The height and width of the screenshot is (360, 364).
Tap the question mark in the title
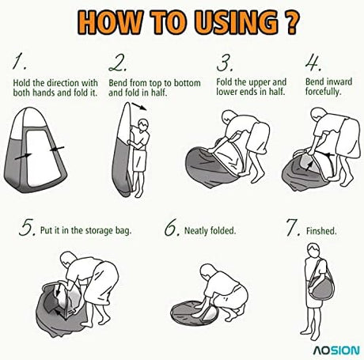pos(292,22)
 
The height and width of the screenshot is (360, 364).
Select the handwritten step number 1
pos(19,61)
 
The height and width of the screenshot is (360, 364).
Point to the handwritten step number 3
pos(225,63)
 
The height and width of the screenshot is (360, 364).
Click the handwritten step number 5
pos(27,227)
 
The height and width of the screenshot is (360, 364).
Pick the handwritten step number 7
pos(293,227)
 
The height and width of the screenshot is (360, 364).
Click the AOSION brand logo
pos(336,351)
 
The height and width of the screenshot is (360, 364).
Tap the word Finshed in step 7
pos(321,231)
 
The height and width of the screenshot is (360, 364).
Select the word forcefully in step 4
pos(323,92)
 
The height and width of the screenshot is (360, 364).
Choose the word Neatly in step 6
pos(196,231)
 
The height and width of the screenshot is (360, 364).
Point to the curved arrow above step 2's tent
pos(139,106)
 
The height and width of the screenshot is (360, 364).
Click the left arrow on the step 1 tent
pos(23,157)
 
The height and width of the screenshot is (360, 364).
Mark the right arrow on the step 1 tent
pos(57,149)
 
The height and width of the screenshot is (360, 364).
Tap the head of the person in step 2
pos(143,124)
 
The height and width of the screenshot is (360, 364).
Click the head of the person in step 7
pos(313,249)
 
